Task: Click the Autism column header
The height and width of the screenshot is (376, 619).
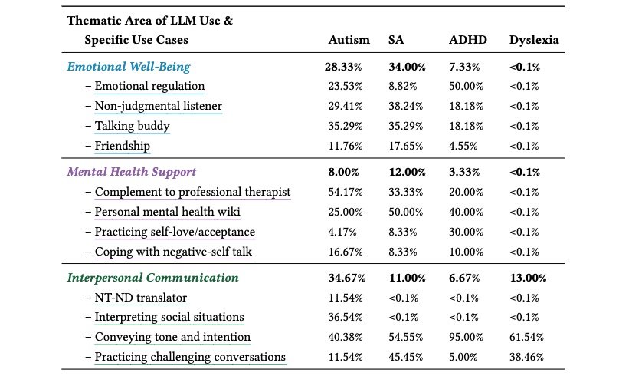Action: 349,40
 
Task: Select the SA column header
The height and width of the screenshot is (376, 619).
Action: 396,40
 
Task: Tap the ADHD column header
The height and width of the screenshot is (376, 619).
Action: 468,40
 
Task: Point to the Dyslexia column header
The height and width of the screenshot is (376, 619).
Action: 534,40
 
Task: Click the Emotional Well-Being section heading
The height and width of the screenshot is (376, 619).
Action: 129,67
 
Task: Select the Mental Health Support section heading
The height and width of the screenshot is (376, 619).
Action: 132,172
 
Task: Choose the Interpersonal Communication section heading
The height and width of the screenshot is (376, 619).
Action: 152,278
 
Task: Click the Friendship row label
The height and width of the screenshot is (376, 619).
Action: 123,146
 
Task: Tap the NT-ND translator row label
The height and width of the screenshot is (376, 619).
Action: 141,298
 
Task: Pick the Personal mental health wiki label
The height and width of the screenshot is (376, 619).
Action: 167,212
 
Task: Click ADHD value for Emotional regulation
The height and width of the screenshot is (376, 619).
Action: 466,86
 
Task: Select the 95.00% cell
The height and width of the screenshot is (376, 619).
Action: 466,338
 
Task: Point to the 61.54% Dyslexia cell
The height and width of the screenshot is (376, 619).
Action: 526,338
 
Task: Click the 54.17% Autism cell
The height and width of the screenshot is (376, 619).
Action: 346,192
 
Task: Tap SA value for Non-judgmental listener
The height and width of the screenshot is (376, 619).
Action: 406,107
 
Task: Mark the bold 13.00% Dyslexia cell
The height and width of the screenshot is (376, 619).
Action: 528,278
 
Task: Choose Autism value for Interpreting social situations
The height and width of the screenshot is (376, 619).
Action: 346,318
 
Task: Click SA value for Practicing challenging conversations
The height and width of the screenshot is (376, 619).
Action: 406,357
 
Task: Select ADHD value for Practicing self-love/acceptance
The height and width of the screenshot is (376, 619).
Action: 466,232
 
